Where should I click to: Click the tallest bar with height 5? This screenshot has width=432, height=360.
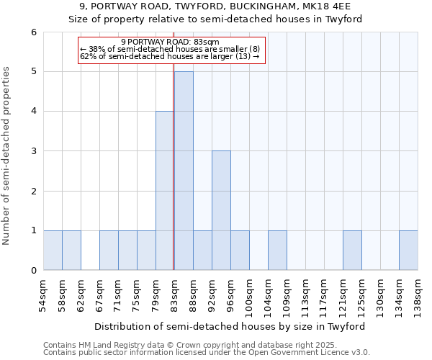[184, 171]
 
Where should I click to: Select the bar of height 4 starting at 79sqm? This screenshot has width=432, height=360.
[165, 191]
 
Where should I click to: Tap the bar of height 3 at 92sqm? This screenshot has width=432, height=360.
[221, 210]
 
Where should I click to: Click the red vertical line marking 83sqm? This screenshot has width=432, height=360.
[174, 166]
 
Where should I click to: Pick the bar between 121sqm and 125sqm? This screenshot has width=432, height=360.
[352, 251]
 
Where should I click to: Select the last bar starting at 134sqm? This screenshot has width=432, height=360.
[408, 251]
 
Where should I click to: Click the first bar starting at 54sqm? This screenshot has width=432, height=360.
[53, 251]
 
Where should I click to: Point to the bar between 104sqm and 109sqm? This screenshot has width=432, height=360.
[277, 251]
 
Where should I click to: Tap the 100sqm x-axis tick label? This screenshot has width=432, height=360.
[249, 295]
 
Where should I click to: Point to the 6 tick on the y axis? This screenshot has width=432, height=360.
[33, 32]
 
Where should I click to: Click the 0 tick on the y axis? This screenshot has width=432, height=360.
[33, 271]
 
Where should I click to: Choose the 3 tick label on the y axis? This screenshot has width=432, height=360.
[33, 151]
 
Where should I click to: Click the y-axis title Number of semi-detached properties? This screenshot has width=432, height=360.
[7, 156]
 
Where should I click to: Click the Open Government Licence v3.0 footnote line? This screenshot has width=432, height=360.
[206, 353]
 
